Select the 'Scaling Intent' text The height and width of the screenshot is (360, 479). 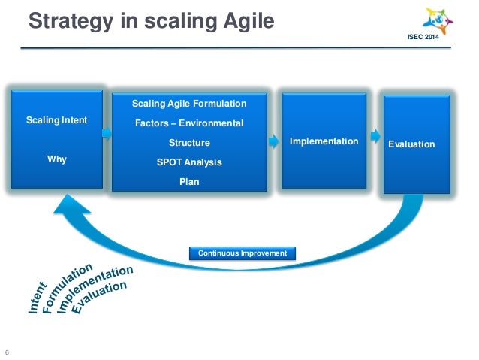[57, 120]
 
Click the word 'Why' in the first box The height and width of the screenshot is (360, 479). [57, 159]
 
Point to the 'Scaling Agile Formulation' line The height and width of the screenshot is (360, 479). [189, 103]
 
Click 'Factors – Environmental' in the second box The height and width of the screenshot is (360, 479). [189, 123]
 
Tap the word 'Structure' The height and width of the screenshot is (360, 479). [189, 142]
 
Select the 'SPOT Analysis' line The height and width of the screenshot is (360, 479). [189, 162]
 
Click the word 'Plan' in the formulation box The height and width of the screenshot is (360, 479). [189, 181]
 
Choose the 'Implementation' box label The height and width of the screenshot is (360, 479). [324, 141]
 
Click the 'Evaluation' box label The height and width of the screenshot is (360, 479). [411, 144]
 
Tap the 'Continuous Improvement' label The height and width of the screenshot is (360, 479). [243, 253]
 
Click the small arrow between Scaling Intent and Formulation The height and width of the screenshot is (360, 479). [106, 133]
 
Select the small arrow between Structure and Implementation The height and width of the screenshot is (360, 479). [273, 141]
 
